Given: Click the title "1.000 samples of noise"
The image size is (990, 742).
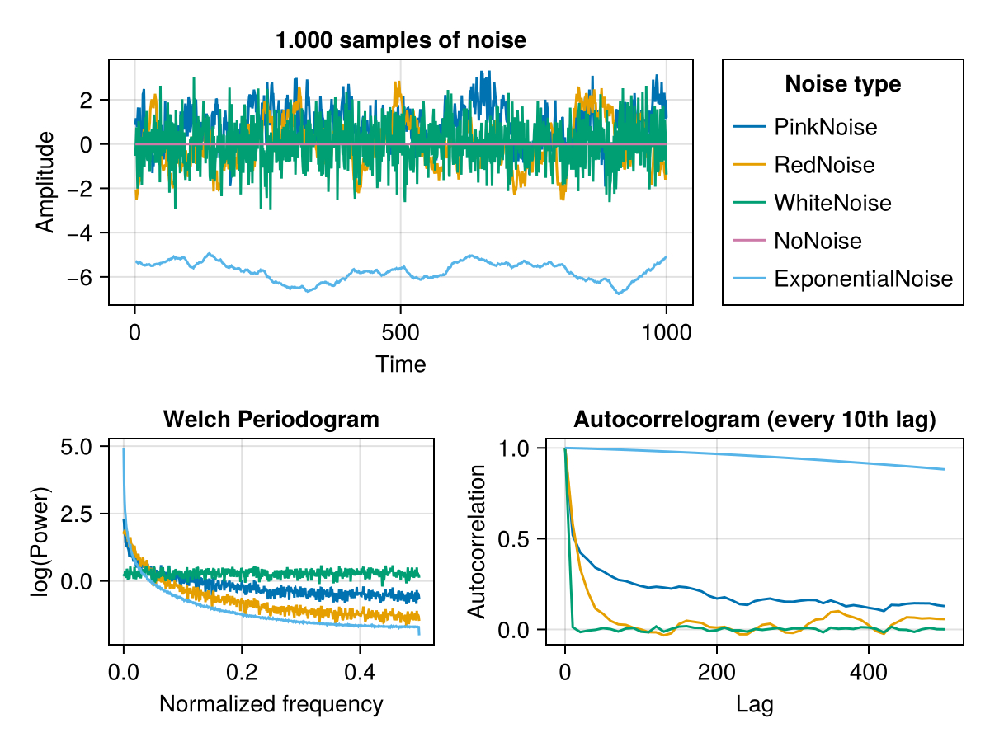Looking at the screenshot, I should coord(400,40).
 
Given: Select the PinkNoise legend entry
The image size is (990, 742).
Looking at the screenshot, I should coord(825,127).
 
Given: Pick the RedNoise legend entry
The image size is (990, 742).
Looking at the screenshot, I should coord(823,165).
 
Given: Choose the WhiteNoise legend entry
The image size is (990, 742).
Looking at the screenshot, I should coord(832,203).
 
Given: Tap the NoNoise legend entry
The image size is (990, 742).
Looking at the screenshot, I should coord(818,241).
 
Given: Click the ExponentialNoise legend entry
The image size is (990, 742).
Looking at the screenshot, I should coord(863,279).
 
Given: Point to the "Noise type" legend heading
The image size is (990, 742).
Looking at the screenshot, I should coord(842,84).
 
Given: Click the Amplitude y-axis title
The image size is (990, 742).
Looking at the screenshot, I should coord(46,181).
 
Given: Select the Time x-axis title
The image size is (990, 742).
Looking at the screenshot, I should coord(400,364).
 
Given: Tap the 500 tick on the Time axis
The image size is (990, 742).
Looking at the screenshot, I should coord(400,333).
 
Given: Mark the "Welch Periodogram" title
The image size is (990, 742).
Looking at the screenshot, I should coord(271,420).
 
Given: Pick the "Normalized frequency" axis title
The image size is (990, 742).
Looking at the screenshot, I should coord(271,704).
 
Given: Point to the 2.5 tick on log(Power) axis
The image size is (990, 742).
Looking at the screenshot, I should coord(82,514).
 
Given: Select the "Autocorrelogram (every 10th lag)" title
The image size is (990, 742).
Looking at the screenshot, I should coord(754,420).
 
